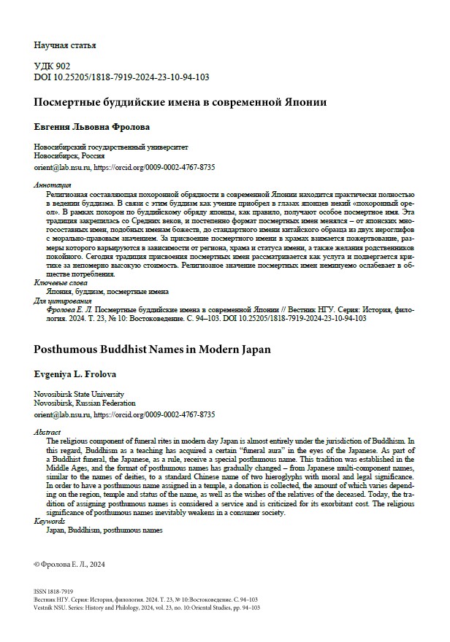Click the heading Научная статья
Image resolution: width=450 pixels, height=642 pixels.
pyautogui.click(x=65, y=45)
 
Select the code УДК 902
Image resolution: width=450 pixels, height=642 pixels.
pyautogui.click(x=53, y=66)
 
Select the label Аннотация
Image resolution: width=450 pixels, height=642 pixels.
pyautogui.click(x=53, y=185)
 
